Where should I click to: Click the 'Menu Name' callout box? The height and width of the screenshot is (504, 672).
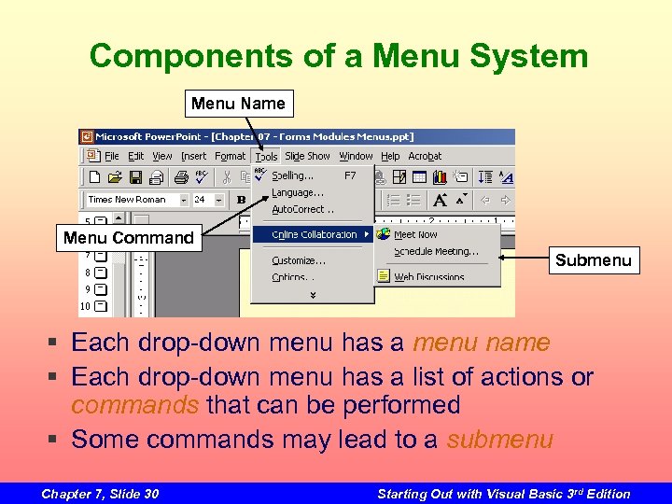(x=238, y=103)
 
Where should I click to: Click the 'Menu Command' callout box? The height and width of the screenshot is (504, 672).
(x=129, y=238)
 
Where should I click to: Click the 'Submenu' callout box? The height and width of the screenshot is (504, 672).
(x=594, y=260)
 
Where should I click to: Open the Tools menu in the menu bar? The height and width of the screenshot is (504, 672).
(x=266, y=157)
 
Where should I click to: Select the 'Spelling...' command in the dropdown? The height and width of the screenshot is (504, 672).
(x=292, y=175)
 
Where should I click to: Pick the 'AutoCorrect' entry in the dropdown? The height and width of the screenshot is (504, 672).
(x=298, y=210)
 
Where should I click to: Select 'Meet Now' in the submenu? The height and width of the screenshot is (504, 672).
(x=415, y=235)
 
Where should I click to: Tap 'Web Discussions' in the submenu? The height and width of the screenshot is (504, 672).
(x=428, y=277)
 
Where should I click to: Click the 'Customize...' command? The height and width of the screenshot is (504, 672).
(x=299, y=260)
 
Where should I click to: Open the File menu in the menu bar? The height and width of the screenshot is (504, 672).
(x=112, y=157)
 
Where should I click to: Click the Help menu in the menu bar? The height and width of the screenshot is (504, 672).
(x=390, y=157)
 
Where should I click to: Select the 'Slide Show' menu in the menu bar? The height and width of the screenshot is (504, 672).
(x=307, y=157)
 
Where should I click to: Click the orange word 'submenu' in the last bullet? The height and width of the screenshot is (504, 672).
(x=500, y=440)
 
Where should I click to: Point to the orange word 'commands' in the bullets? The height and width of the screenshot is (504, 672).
(x=135, y=405)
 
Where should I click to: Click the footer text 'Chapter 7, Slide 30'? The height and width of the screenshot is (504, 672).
(x=100, y=494)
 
